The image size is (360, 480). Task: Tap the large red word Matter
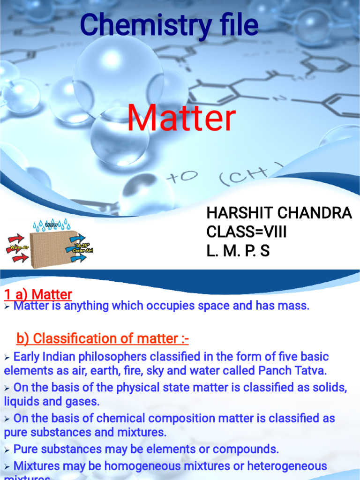point(181,119)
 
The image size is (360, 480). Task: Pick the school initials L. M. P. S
point(238,251)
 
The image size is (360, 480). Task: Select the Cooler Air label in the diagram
point(82,250)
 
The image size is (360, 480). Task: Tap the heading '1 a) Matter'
point(38,294)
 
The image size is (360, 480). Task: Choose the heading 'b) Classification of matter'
point(103,338)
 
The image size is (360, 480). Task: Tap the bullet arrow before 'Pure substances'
point(7,450)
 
